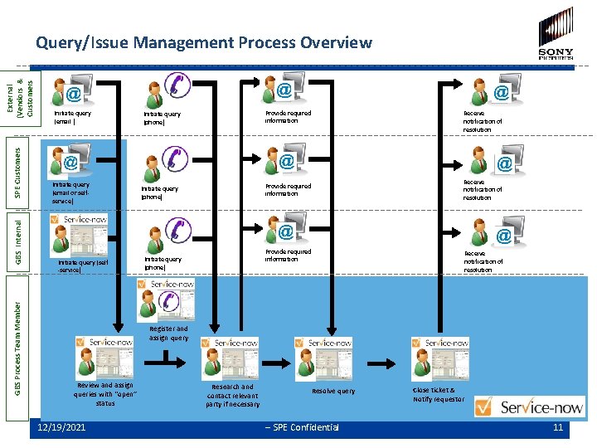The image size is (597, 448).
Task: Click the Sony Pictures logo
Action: click(x=555, y=33)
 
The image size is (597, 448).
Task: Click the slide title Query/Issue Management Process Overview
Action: click(x=204, y=42)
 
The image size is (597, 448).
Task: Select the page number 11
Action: click(x=558, y=427)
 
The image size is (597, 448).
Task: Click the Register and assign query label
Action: click(x=168, y=334)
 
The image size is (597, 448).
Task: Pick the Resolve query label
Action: click(x=333, y=391)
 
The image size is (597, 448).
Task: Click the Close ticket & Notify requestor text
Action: click(x=439, y=395)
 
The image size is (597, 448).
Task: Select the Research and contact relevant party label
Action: click(x=233, y=395)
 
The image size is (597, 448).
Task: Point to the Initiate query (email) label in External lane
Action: click(x=72, y=117)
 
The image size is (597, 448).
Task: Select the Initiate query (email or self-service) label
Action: click(x=70, y=192)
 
